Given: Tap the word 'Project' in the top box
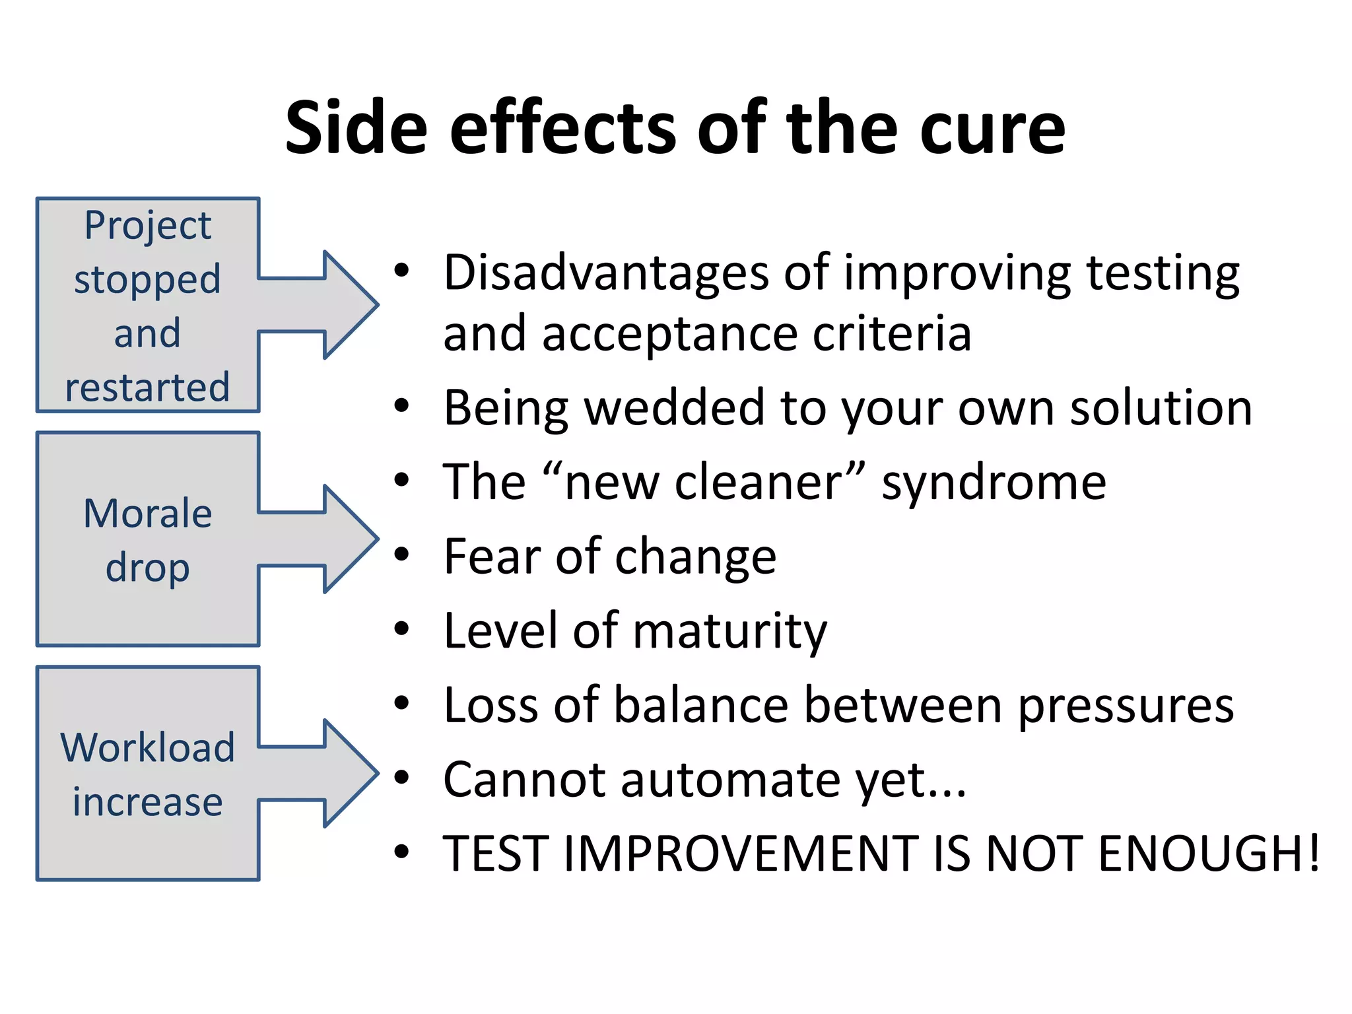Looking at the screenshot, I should pos(148,226).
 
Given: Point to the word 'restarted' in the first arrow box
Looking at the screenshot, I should pos(148,388).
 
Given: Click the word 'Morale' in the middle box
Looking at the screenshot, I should pos(148,514).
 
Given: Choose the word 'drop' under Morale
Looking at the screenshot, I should pos(148,568).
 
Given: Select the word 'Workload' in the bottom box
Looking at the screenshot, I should pos(148,748).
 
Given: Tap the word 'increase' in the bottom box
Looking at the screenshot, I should pos(148,802).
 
